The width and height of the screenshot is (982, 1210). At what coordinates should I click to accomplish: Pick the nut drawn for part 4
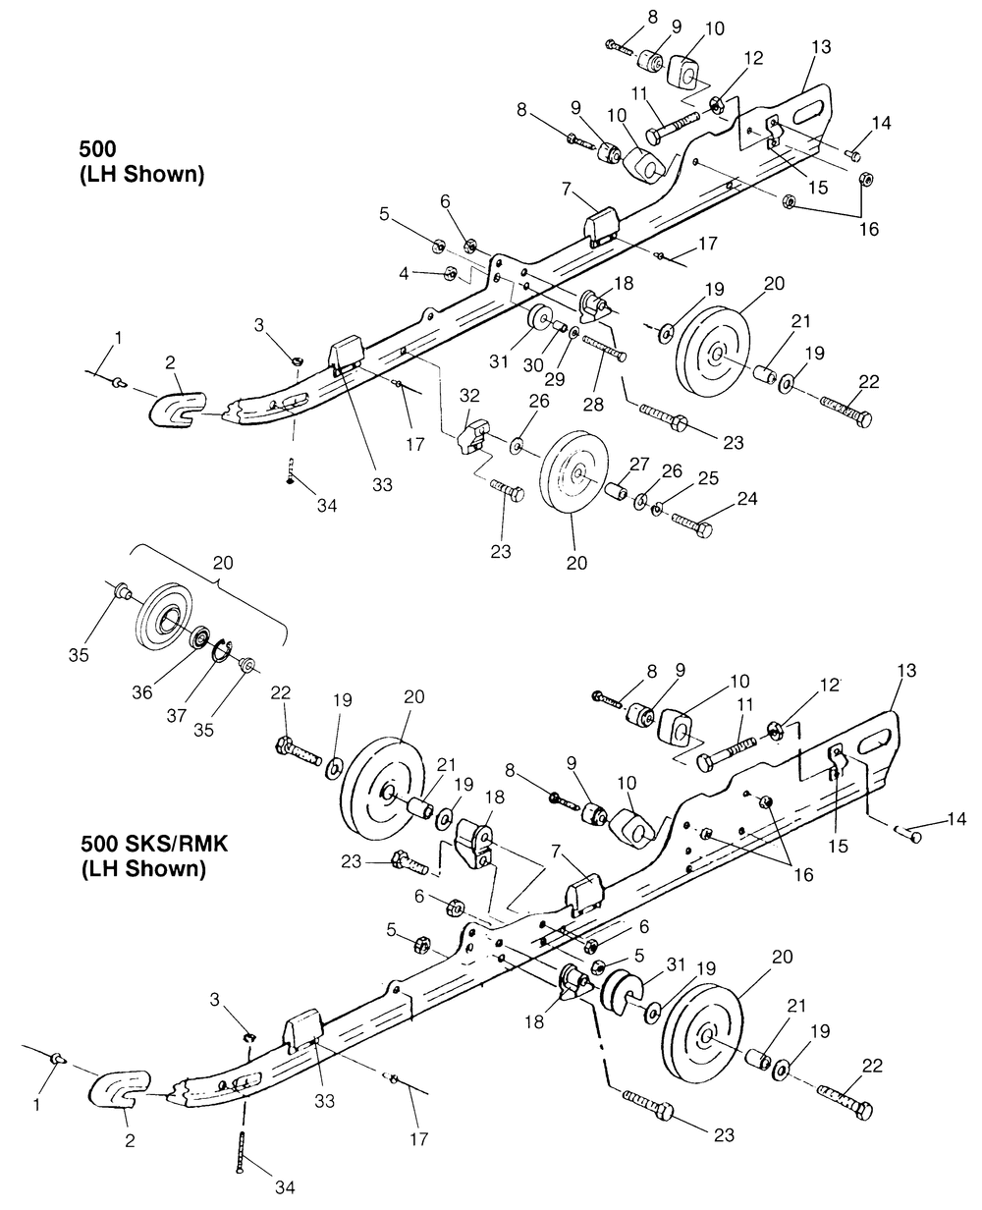450,272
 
